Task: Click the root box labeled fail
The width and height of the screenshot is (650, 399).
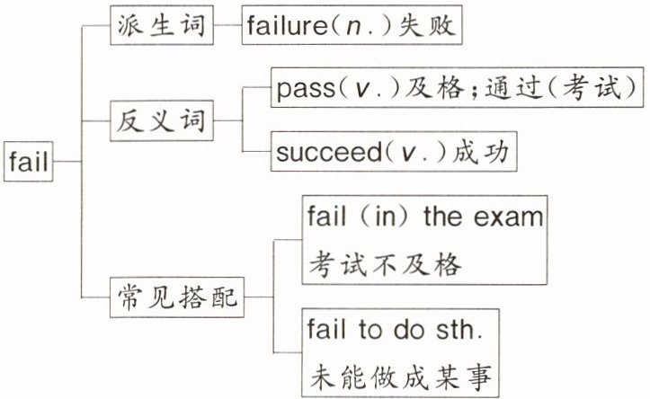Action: point(29,162)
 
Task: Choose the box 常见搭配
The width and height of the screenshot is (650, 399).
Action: point(178,294)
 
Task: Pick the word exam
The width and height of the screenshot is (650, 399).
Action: point(513,217)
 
